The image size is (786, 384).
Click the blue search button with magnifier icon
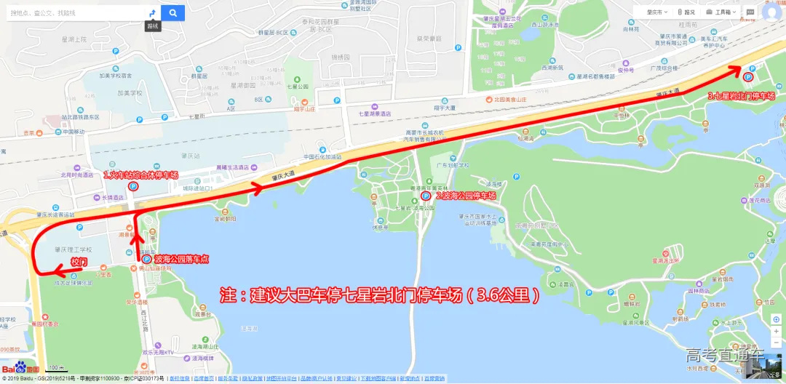(x=172, y=13)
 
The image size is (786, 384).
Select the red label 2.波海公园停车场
(x=466, y=196)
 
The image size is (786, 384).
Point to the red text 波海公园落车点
(x=182, y=258)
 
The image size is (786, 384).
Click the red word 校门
(x=78, y=260)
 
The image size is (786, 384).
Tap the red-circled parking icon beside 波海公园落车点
(x=146, y=258)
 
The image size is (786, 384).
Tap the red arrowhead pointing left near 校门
(x=57, y=273)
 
